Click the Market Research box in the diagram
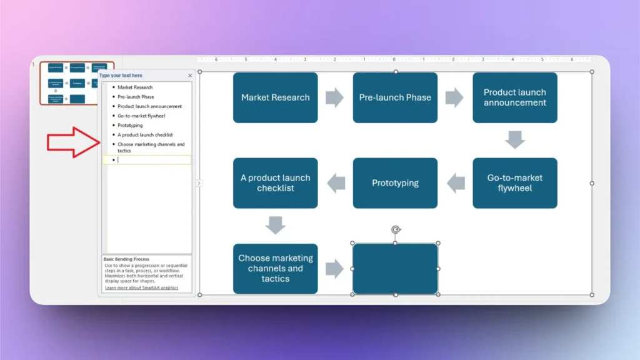coord(275,97)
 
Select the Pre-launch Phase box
coord(395,97)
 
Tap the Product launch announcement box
coord(514,97)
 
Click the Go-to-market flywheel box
coord(514,182)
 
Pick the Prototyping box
coord(395,183)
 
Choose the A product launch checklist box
coord(275,182)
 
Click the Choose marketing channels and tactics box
coord(275,268)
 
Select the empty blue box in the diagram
coord(395,269)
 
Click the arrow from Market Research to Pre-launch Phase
coord(335,97)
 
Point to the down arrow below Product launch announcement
coord(515,139)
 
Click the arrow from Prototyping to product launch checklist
coord(336,183)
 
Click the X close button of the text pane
coord(190,76)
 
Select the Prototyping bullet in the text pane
coord(130,125)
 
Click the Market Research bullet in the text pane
coord(135,87)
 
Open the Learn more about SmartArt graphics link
coord(141,287)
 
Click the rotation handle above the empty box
coord(395,230)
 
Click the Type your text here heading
coord(121,76)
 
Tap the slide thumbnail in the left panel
coord(77,82)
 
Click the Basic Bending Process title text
coord(126,259)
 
